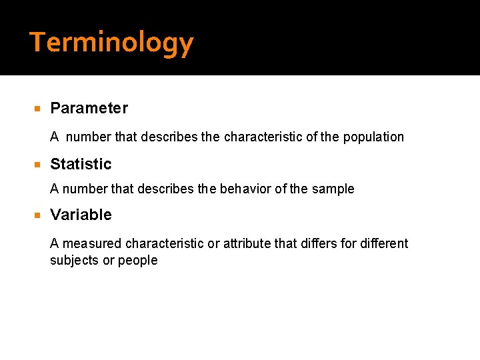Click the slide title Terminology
(x=111, y=43)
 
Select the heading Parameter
(x=89, y=108)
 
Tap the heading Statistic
(x=81, y=164)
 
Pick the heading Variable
(x=81, y=215)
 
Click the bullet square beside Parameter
(x=38, y=109)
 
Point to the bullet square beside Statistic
(x=38, y=165)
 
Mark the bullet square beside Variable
(x=38, y=215)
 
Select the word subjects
(x=74, y=261)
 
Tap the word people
(x=137, y=261)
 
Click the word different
(x=384, y=244)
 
